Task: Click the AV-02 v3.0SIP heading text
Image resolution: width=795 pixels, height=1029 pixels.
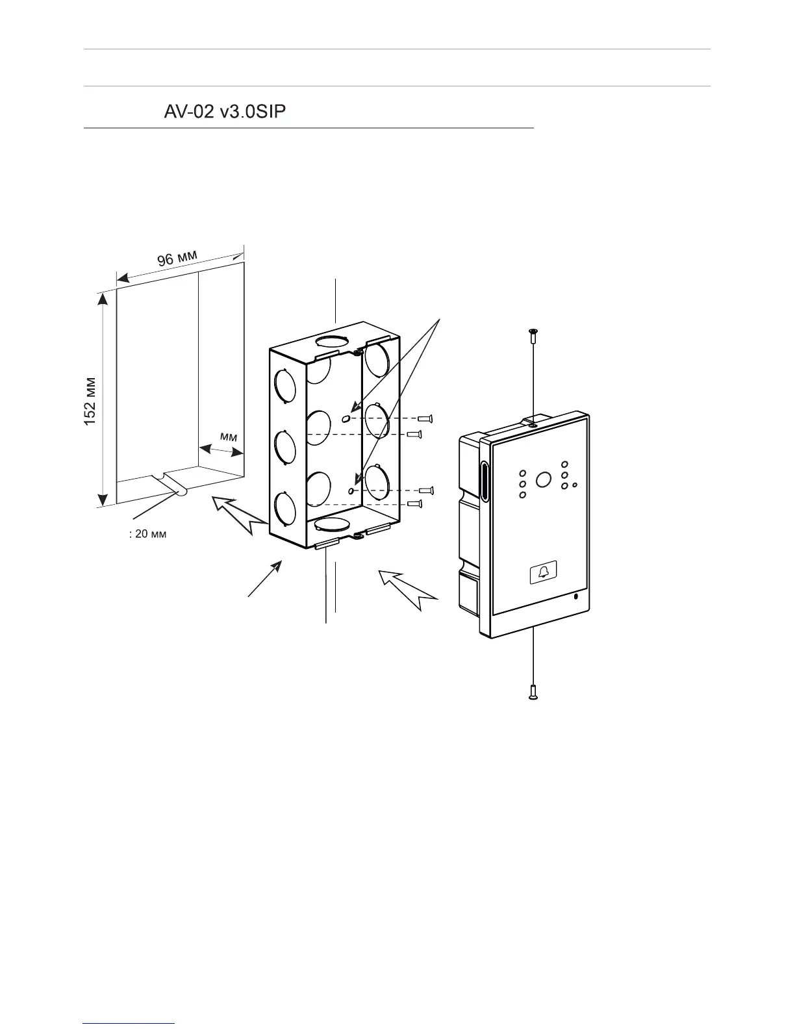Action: coord(225,112)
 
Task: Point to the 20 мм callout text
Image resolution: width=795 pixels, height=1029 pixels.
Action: coord(149,535)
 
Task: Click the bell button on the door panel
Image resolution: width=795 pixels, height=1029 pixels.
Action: coord(543,572)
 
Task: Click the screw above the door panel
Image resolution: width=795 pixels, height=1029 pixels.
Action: coord(533,335)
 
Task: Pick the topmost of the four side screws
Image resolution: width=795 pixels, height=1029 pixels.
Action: coord(425,418)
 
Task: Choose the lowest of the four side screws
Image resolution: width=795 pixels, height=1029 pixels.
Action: coord(416,503)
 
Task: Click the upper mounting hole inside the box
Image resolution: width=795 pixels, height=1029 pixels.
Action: coord(346,418)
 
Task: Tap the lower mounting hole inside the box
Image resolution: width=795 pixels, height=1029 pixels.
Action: coord(351,491)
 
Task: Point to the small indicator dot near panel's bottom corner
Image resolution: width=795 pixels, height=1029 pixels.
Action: coord(575,596)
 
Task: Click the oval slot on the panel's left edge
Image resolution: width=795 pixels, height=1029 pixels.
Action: coord(484,481)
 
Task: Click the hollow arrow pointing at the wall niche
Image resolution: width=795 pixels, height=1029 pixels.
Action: coord(237,513)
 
